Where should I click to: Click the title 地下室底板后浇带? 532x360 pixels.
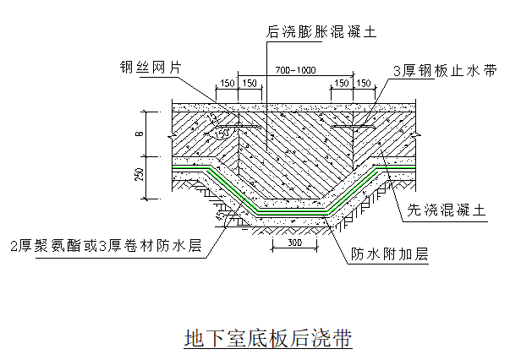[267, 339]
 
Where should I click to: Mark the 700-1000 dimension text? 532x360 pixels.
[287, 70]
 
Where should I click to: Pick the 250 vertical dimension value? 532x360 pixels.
[140, 177]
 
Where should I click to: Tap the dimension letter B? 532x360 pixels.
[140, 134]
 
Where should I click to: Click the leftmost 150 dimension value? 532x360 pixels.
[226, 83]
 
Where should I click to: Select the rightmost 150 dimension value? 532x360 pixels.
[364, 83]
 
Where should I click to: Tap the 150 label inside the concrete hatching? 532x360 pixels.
[222, 133]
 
